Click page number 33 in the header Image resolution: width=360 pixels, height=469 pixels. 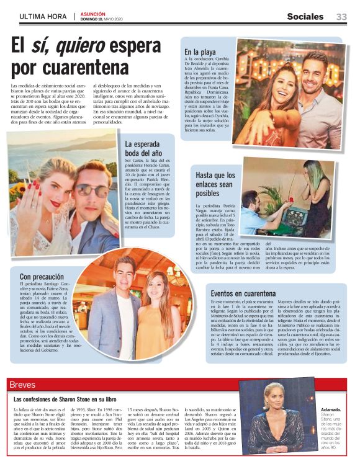click(341, 17)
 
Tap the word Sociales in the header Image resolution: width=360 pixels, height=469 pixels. click(305, 17)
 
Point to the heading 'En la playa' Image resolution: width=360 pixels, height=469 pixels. click(200, 52)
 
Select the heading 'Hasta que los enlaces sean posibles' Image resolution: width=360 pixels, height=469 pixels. click(215, 184)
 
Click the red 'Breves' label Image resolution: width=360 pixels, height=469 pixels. click(23, 385)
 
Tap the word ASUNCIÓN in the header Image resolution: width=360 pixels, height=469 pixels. click(93, 14)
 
